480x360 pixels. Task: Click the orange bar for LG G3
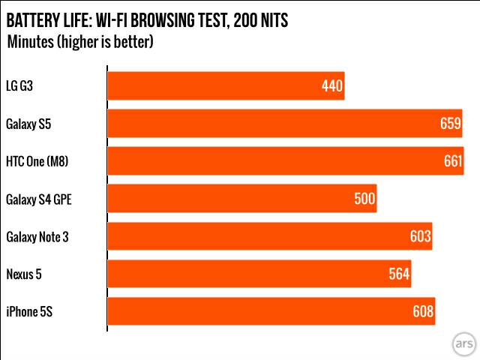(225, 86)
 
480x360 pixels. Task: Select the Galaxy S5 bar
(285, 124)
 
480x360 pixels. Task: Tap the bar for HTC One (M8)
(285, 161)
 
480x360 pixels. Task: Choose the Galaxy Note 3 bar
(270, 236)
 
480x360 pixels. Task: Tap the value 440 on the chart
(332, 86)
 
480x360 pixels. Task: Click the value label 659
(450, 124)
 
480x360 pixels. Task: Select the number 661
(452, 161)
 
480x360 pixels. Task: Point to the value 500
(364, 199)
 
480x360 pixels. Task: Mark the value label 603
(420, 236)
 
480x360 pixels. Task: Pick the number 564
(399, 274)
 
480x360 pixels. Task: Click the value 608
(423, 311)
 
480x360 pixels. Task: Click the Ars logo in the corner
(463, 343)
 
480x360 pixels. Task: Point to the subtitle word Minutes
(30, 42)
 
